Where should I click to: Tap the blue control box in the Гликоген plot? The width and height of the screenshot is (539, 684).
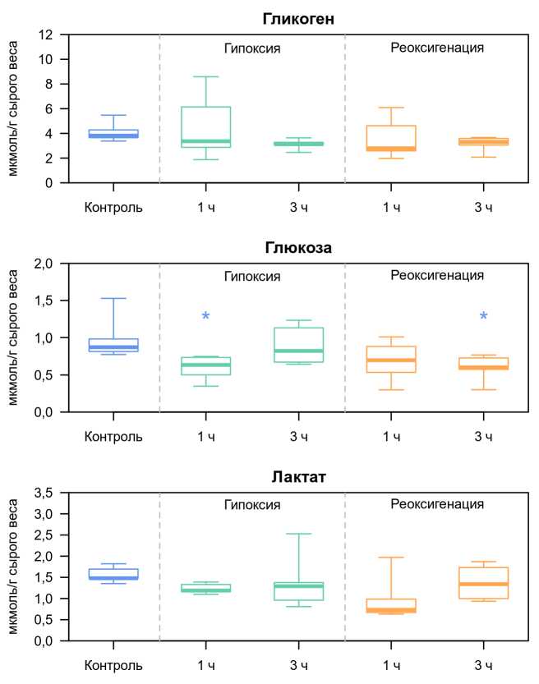(113, 134)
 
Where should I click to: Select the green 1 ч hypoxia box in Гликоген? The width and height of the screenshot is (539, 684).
(206, 126)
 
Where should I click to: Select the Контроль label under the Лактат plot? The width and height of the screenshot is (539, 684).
(113, 664)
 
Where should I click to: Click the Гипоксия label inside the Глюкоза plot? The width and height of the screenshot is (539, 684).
(252, 276)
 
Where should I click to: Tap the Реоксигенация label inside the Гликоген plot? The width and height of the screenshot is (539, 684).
(436, 47)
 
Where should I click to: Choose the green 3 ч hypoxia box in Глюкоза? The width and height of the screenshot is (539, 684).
(298, 345)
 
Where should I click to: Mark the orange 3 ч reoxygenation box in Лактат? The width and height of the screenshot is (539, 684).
(484, 583)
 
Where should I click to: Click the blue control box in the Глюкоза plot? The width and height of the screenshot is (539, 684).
(113, 345)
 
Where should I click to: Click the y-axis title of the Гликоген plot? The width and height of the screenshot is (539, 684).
(14, 108)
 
